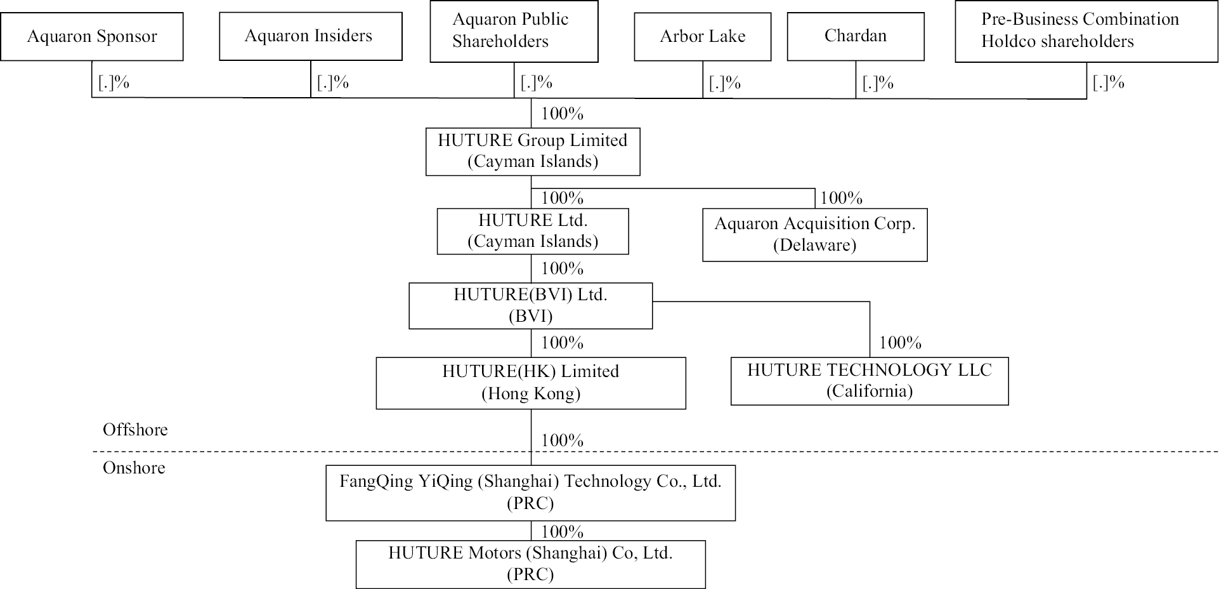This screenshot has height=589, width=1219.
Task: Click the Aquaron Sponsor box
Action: (x=92, y=37)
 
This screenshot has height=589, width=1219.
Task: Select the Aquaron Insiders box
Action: (x=310, y=36)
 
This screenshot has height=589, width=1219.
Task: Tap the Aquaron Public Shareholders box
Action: (x=514, y=31)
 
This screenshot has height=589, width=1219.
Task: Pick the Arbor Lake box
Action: (x=703, y=37)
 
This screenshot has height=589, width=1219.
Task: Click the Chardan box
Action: (x=856, y=36)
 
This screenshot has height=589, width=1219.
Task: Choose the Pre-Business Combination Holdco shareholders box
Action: (x=1086, y=31)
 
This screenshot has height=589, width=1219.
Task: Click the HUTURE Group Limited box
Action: (x=533, y=151)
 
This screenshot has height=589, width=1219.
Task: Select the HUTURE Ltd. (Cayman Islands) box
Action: (x=533, y=231)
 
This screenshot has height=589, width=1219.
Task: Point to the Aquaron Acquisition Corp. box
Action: (x=814, y=234)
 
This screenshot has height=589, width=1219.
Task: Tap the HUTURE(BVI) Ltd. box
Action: (x=530, y=305)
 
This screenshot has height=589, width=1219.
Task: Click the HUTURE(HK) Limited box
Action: (x=530, y=383)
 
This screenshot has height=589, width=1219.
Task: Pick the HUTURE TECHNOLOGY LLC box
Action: (x=869, y=381)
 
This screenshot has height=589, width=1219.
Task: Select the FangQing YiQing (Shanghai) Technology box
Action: (x=530, y=493)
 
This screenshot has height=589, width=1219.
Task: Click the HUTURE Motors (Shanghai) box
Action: (x=530, y=564)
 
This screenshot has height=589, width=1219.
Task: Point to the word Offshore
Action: (x=135, y=430)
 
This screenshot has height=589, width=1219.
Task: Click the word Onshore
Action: (x=134, y=468)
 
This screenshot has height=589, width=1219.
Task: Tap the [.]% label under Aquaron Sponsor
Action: (x=114, y=83)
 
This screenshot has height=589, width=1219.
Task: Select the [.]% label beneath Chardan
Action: (x=878, y=83)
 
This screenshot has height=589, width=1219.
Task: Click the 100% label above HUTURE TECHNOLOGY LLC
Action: (x=900, y=343)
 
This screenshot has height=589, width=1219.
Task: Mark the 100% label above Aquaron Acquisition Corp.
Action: (x=841, y=198)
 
